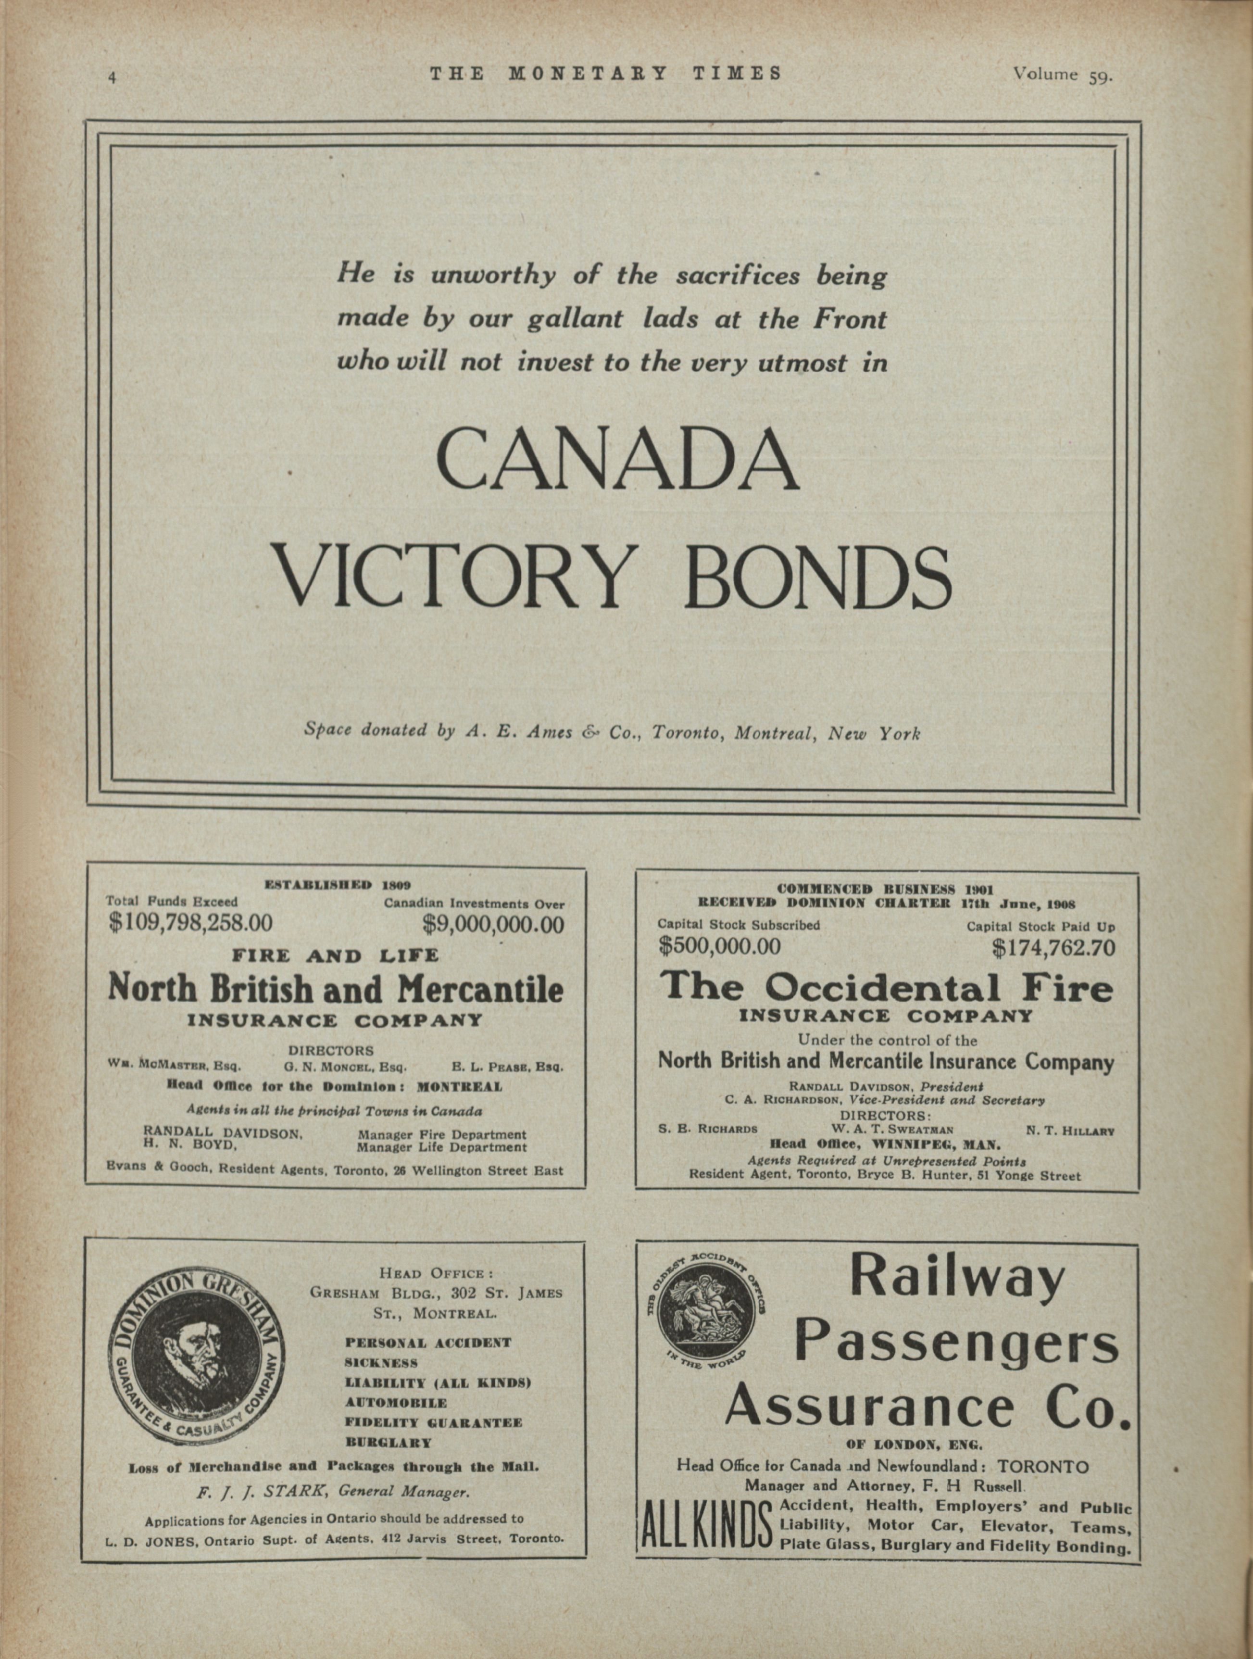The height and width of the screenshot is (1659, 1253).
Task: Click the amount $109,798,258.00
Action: point(190,922)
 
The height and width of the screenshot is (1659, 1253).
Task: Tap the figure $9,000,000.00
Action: point(493,924)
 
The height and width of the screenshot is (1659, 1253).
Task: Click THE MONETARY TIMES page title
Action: point(606,74)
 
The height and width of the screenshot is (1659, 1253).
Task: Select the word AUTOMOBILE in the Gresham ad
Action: point(395,1403)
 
